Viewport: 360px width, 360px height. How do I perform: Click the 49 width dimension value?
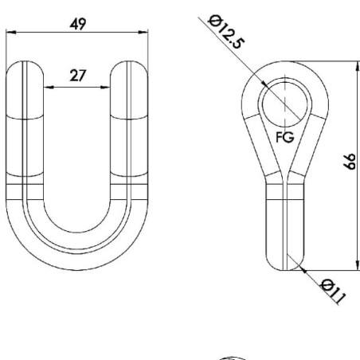(x=78, y=24)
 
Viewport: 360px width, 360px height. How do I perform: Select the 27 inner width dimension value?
(x=78, y=76)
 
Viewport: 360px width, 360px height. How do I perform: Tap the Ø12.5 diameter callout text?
(x=225, y=32)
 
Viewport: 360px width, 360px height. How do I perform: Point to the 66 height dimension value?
(x=350, y=161)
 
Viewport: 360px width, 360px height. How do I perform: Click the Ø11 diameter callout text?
(x=333, y=292)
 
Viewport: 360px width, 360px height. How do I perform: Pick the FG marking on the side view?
(x=285, y=137)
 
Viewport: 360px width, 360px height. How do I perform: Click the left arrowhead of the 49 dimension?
(x=11, y=33)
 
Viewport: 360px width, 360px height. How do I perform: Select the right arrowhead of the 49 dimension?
(x=143, y=33)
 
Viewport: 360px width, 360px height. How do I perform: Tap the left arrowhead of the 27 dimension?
(x=49, y=87)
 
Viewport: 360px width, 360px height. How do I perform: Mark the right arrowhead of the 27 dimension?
(x=105, y=87)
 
